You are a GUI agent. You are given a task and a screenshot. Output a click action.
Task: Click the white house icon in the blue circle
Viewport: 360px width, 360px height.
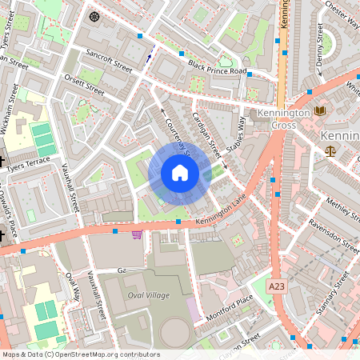(180, 173)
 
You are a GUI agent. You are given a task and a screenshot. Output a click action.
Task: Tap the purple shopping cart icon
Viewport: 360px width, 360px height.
(137, 234)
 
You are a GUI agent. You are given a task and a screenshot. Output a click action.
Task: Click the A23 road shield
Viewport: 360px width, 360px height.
(277, 286)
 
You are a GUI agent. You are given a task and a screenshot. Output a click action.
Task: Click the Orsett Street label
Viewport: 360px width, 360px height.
(83, 84)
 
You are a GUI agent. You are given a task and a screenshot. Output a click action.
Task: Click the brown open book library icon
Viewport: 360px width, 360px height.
(320, 110)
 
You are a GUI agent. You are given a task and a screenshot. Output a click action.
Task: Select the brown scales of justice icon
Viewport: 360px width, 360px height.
(330, 150)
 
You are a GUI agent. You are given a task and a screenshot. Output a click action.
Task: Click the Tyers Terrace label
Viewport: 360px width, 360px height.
(26, 166)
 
